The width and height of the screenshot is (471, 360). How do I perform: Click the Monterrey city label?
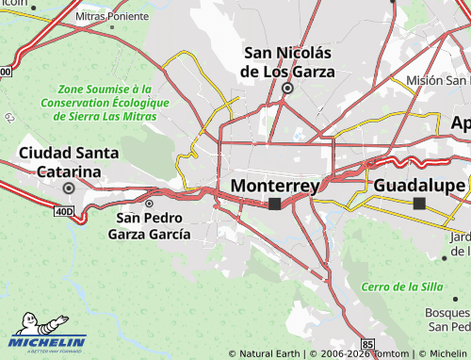click(x=273, y=186)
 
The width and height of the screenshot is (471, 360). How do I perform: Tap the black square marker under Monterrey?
click(x=274, y=204)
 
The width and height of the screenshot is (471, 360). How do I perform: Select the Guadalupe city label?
click(x=419, y=185)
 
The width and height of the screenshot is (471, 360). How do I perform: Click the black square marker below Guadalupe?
click(x=419, y=203)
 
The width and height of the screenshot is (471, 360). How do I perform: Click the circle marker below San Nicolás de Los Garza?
click(x=288, y=89)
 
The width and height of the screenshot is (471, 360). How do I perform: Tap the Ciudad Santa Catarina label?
click(x=70, y=162)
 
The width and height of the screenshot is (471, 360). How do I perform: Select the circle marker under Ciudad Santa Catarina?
click(x=68, y=188)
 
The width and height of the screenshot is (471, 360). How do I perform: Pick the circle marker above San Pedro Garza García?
click(x=149, y=203)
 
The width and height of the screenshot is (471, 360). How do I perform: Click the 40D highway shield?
click(x=63, y=212)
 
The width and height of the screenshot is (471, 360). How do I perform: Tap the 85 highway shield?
click(x=367, y=343)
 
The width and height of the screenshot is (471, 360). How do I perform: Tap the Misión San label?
click(x=438, y=81)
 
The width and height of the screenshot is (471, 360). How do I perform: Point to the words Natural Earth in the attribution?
click(x=269, y=354)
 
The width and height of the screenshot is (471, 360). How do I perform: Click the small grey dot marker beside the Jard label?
click(x=445, y=255)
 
